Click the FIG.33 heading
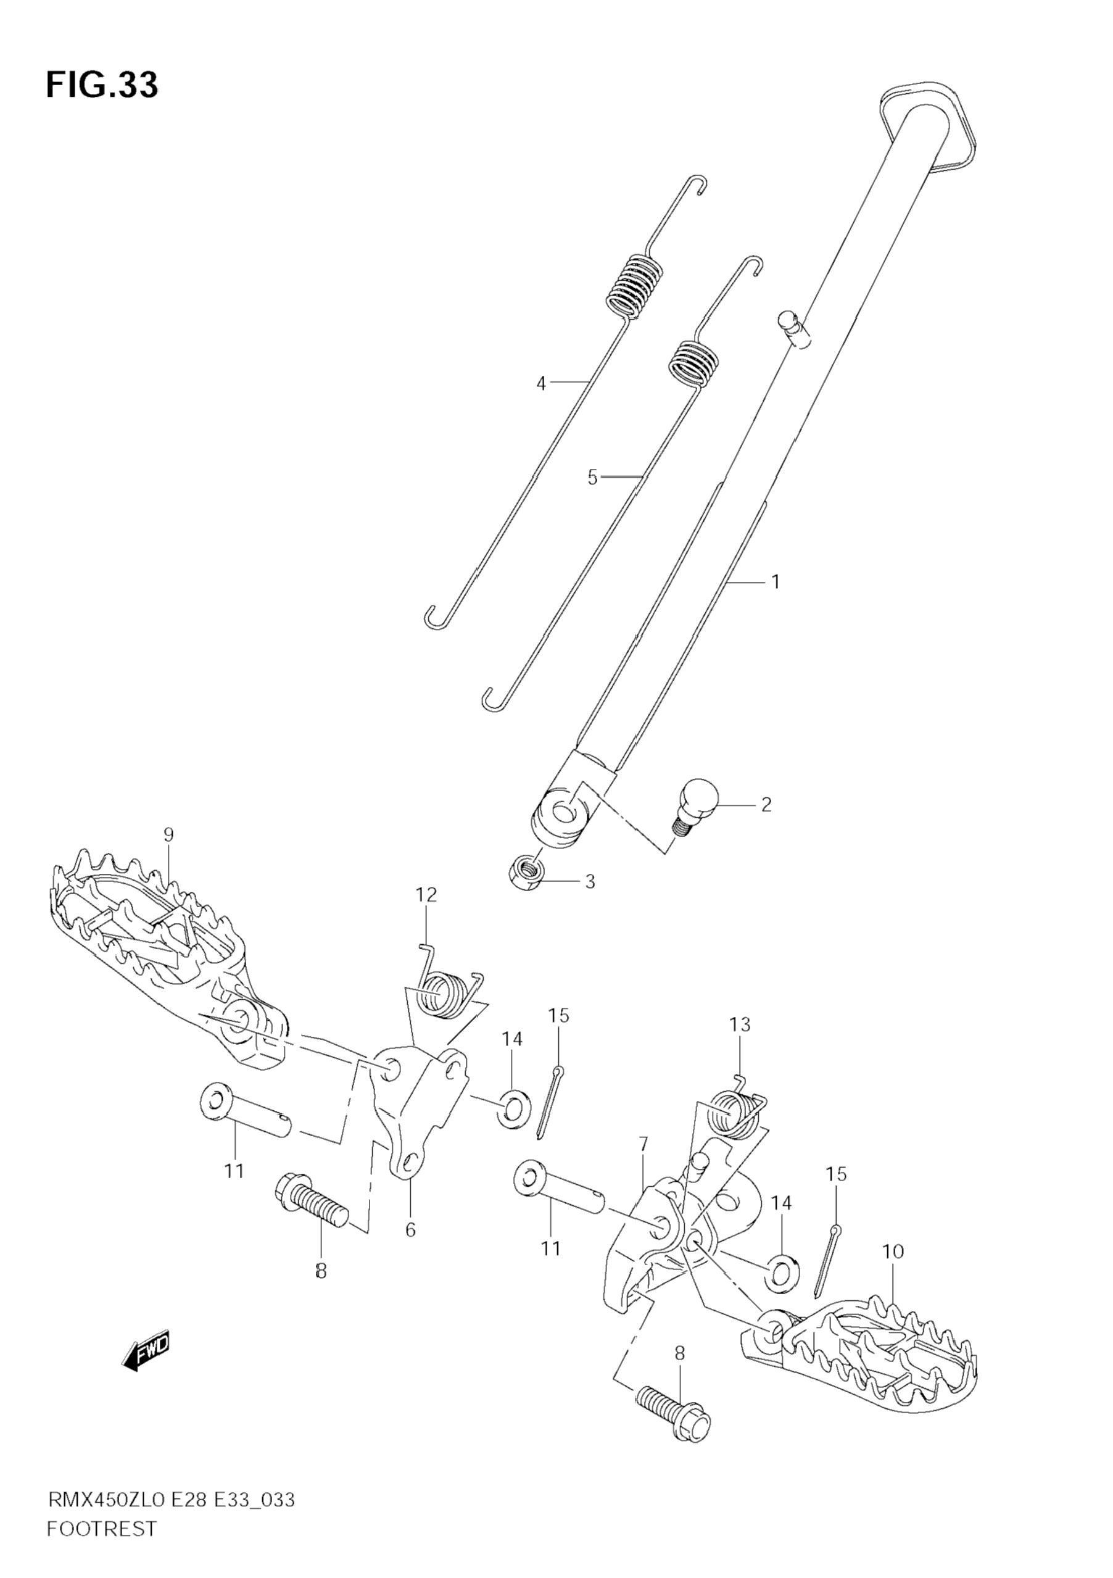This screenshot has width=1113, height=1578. click(102, 86)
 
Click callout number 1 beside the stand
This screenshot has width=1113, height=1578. click(776, 582)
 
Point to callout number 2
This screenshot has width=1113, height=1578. click(766, 804)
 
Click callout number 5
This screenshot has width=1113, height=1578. click(592, 477)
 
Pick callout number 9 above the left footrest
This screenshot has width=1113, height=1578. click(168, 835)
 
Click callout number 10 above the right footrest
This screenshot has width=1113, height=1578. click(893, 1252)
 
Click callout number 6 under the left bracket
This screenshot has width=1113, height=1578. click(410, 1230)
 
